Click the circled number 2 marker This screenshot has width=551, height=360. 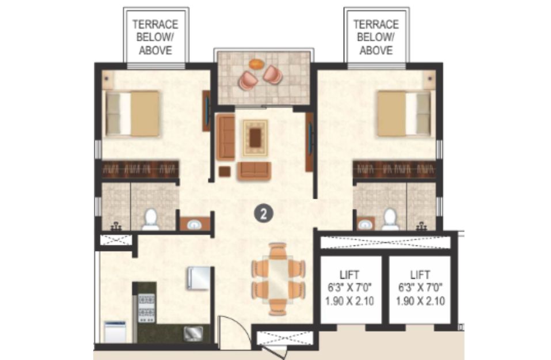coord(264,213)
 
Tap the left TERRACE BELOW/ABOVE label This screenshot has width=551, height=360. coord(155,37)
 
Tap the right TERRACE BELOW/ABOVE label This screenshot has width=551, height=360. coord(376,37)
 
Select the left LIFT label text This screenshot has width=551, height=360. coord(349,274)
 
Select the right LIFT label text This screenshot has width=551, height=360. coord(420,274)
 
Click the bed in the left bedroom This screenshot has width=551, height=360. coord(132,113)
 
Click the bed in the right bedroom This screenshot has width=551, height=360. coord(404,113)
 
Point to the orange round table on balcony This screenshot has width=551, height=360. coord(257,65)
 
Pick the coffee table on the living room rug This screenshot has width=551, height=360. coord(255,138)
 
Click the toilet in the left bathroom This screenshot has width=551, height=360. coord(151,219)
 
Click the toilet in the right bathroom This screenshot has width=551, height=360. coord(390,219)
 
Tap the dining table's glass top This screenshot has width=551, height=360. coord(279,278)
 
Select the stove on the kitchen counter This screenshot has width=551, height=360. coord(147,308)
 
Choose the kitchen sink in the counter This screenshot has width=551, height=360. coord(193,334)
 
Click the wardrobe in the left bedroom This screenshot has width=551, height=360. coord(140,169)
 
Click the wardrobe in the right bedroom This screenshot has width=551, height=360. coord(394,169)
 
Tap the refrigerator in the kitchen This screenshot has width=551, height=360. coord(199,278)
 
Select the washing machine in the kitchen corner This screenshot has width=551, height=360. coord(115,332)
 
